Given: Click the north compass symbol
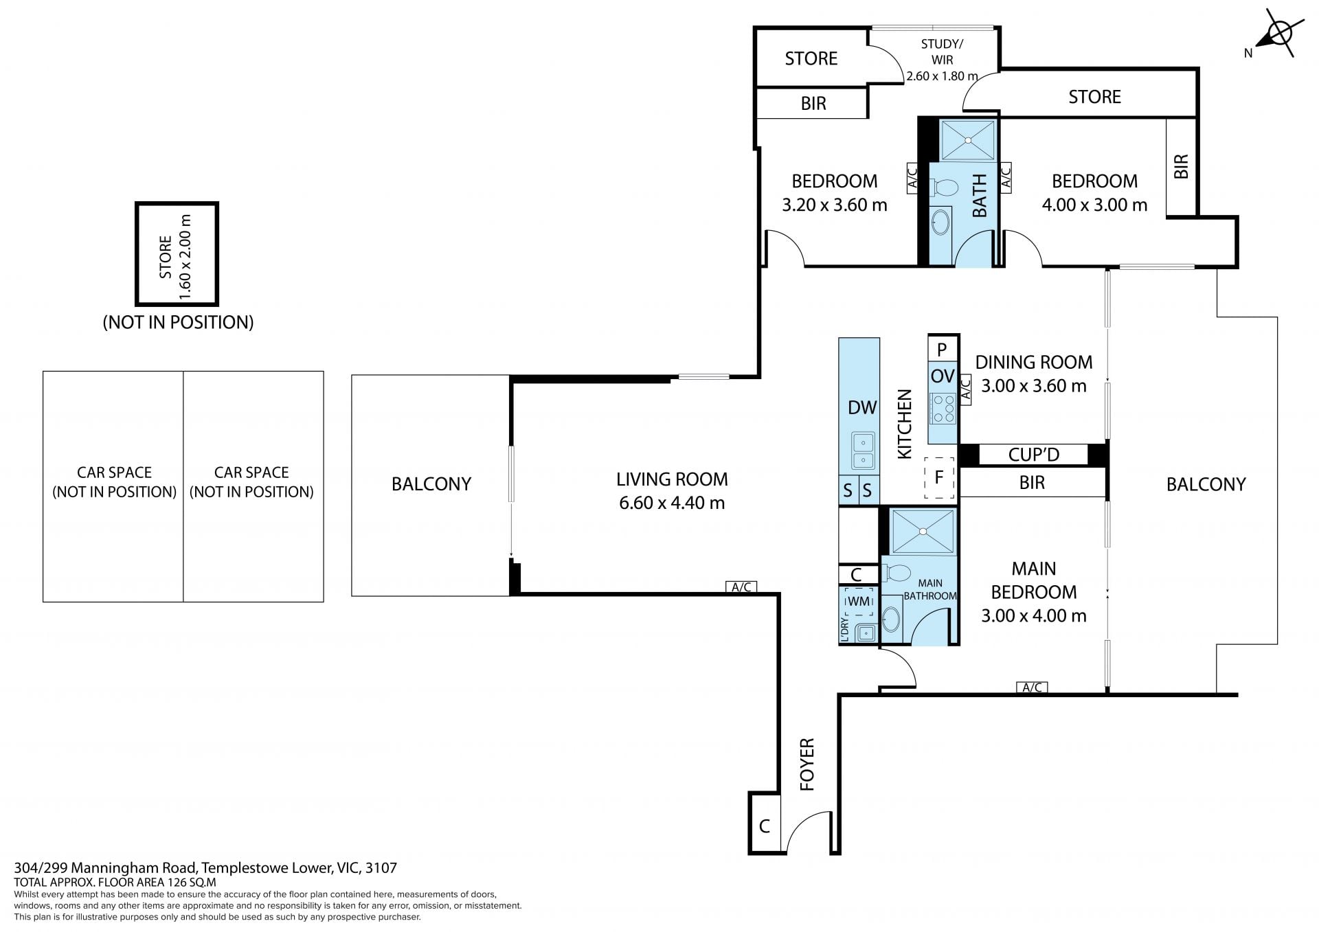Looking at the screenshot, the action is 1278,33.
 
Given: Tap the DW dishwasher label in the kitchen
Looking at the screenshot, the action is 862,407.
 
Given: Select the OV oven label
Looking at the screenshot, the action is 943,376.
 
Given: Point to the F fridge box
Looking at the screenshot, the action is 939,477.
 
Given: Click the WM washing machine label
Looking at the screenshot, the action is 859,602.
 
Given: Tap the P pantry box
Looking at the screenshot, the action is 942,348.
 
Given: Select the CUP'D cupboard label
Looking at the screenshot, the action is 1033,455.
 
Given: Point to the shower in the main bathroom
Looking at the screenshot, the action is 923,532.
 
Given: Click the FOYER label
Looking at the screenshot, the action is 807,764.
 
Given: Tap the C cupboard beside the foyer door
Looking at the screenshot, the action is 765,825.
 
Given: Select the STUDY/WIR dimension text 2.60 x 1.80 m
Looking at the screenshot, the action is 942,76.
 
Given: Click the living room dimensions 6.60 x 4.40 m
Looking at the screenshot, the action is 672,503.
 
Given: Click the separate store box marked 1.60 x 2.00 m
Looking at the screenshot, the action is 177,254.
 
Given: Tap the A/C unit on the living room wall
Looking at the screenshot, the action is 741,587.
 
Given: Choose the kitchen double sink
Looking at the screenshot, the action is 863,451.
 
